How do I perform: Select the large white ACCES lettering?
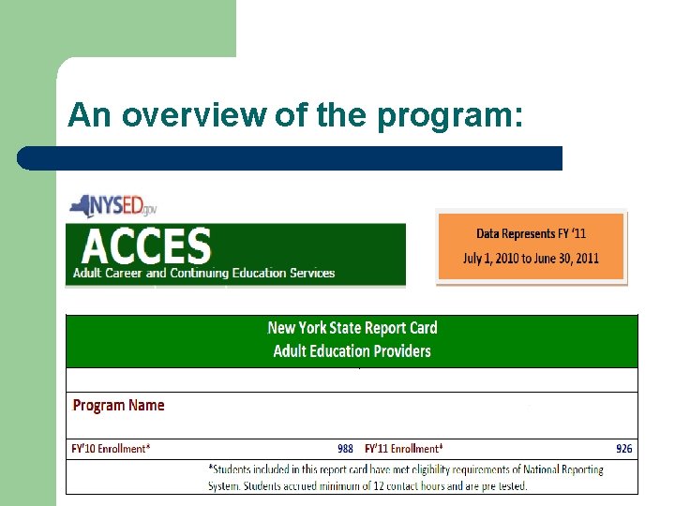tap(145, 246)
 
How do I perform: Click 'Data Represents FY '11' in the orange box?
tap(531, 233)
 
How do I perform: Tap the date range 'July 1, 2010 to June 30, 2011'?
tap(531, 259)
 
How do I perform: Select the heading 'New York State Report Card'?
tap(352, 328)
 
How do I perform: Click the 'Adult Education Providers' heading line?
tap(352, 351)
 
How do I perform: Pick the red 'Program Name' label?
tap(118, 406)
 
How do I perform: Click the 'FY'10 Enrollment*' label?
tap(110, 449)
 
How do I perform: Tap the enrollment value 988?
tap(345, 449)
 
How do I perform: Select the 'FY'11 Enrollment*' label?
tap(404, 449)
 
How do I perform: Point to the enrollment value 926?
tap(623, 449)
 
